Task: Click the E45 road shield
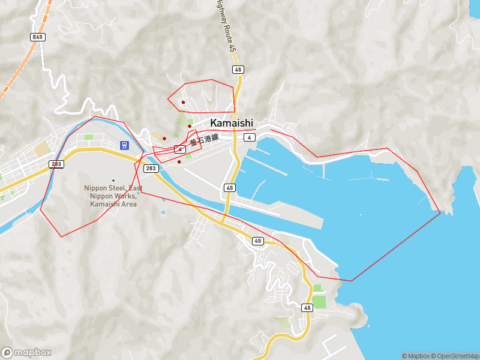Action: click(x=38, y=37)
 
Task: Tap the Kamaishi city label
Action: click(x=232, y=122)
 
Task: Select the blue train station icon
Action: click(x=124, y=145)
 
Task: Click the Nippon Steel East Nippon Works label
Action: click(x=113, y=196)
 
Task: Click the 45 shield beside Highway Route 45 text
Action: click(x=238, y=70)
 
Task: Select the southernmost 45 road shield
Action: click(x=307, y=308)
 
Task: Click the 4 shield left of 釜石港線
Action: click(x=179, y=149)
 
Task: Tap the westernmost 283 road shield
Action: click(x=56, y=164)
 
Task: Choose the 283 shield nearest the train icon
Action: click(x=151, y=168)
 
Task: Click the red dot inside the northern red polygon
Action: click(x=183, y=102)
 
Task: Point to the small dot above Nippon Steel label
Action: click(x=113, y=180)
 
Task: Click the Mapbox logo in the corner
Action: click(x=26, y=353)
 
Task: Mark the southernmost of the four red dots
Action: click(x=179, y=161)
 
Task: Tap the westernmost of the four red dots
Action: click(x=164, y=139)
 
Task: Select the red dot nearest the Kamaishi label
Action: click(x=190, y=126)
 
